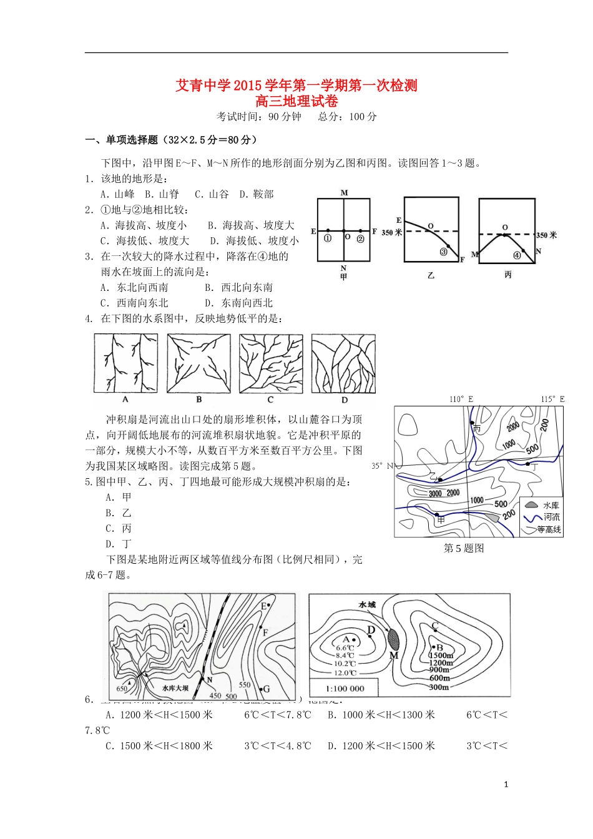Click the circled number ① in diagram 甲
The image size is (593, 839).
point(328,238)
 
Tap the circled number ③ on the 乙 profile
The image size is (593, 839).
point(444,252)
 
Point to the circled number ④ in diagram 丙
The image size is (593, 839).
point(517,255)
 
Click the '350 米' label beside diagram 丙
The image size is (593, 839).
point(546,235)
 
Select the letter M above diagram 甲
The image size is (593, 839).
point(344,193)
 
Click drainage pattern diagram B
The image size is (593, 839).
point(198,363)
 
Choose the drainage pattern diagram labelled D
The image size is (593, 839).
point(343,363)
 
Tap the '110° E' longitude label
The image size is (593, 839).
point(461,399)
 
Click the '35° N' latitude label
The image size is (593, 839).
point(382,466)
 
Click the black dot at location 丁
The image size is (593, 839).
point(527,464)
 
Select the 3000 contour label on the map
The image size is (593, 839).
point(435,493)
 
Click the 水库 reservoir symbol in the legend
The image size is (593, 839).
point(531,504)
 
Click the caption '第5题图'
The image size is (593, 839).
point(463,548)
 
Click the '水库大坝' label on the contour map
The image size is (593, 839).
point(175,688)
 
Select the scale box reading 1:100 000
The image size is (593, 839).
point(345,688)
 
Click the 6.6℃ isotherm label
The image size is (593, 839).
point(345,648)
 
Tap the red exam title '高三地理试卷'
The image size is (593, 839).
point(296,101)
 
